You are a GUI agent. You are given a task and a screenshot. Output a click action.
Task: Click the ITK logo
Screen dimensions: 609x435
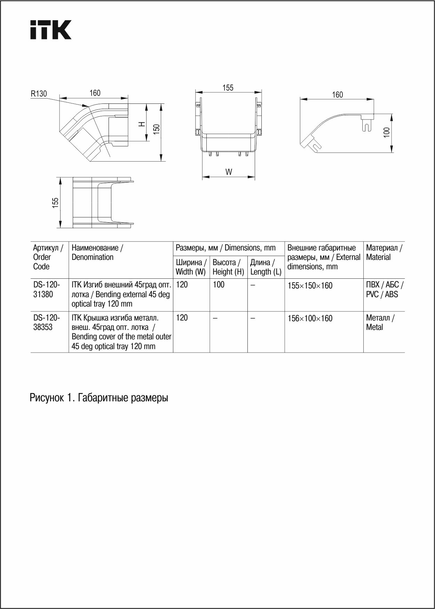coord(51,30)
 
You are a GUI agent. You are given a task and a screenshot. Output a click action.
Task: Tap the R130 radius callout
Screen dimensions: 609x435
coord(39,94)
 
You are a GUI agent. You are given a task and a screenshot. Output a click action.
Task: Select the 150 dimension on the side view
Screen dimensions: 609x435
coord(157,129)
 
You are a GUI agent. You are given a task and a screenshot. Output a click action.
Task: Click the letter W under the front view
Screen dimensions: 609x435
coord(229,172)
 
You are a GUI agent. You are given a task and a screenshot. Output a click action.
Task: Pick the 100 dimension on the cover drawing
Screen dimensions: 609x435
coord(387,132)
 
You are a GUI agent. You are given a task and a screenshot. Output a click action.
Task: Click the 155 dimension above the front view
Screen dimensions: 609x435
coord(228,88)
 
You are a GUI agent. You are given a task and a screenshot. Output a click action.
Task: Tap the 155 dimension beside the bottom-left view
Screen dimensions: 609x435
coord(55,203)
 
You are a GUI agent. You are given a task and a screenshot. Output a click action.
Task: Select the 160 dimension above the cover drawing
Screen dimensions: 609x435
coord(337,95)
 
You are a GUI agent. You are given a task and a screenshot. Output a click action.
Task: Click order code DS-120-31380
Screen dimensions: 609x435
coord(46,290)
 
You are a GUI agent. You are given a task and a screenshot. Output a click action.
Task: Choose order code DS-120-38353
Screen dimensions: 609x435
coord(46,322)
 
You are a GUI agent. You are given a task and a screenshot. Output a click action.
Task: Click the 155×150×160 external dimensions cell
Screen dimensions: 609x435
coord(310,286)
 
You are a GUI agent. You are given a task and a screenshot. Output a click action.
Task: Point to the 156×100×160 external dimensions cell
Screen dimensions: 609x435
coord(310,318)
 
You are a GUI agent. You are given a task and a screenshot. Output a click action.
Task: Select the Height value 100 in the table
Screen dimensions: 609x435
coord(219,285)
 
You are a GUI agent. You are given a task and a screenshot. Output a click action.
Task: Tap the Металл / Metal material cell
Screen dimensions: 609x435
coord(380,322)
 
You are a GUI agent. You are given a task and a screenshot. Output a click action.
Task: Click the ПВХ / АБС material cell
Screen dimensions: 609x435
coord(384,290)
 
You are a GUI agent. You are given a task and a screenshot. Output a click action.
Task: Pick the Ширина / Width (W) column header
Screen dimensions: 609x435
coord(191,267)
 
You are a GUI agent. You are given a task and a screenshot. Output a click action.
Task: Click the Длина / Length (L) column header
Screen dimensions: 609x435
coord(266,267)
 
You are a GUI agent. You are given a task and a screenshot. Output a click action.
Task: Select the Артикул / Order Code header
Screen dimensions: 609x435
coord(48,257)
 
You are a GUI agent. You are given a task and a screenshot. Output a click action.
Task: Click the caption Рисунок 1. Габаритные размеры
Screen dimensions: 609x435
coord(99,398)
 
